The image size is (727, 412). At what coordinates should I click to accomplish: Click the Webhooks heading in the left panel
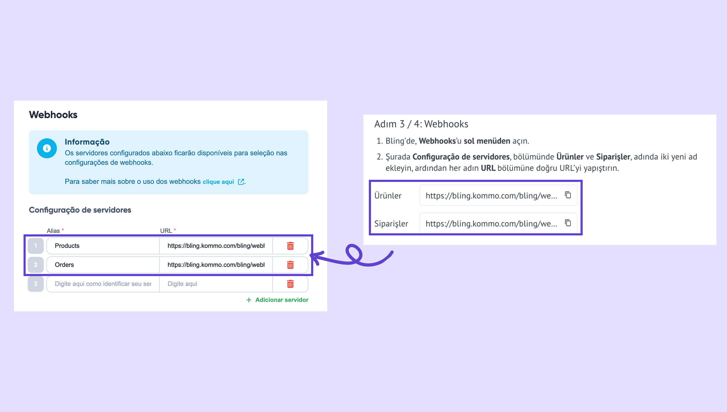[x=53, y=115]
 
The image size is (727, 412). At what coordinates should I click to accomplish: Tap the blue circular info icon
[x=47, y=148]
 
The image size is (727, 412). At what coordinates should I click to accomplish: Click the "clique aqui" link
[x=218, y=182]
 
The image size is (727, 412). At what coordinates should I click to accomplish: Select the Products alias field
[x=103, y=246]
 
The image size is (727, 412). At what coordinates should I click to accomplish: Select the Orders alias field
[x=103, y=265]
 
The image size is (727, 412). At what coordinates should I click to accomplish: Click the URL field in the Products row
[x=216, y=246]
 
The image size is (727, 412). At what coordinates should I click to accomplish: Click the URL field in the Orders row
[x=216, y=265]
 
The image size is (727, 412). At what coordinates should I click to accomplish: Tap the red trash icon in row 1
[x=290, y=246]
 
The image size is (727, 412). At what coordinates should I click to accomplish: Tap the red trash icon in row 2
[x=290, y=265]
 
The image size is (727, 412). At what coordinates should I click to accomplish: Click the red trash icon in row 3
[x=290, y=284]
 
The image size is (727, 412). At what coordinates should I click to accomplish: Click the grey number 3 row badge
[x=36, y=284]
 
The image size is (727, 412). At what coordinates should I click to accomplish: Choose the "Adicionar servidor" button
[x=277, y=300]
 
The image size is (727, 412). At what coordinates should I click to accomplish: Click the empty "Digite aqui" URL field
[x=216, y=284]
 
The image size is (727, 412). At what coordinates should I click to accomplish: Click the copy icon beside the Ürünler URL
[x=568, y=195]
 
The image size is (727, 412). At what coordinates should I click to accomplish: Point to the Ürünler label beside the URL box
[x=388, y=196]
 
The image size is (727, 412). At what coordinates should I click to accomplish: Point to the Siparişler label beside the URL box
[x=391, y=224]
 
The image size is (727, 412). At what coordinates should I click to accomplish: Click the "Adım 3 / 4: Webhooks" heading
[x=421, y=124]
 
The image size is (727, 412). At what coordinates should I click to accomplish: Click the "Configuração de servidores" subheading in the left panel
[x=80, y=210]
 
